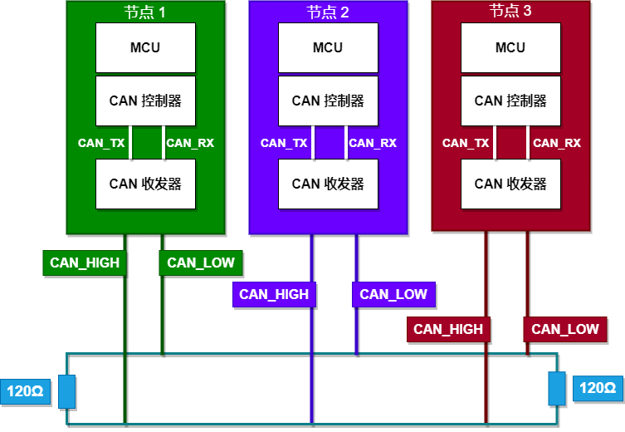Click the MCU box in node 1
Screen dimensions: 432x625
tap(145, 47)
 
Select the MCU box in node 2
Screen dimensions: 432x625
tap(328, 47)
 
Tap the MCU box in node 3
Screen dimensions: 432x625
tap(510, 47)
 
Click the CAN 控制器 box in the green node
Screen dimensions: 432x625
tap(145, 101)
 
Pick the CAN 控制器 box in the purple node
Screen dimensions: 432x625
tap(328, 101)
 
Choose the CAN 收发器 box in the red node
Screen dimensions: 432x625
tap(510, 184)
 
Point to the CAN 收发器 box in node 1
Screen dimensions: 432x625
tap(145, 184)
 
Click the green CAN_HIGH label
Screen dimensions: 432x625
tap(85, 263)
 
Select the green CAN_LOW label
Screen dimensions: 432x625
tap(201, 263)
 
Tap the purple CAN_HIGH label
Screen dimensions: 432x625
tap(274, 294)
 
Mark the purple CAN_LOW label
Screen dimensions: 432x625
tap(393, 294)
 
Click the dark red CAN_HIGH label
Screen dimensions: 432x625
tap(448, 329)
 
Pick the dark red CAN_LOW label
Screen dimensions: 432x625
tap(565, 329)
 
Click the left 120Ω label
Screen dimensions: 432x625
tap(25, 390)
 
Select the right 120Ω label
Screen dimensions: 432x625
tap(598, 388)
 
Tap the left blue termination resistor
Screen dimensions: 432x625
tap(67, 391)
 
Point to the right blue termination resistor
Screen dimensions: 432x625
tap(556, 388)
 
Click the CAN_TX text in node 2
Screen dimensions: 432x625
tap(284, 143)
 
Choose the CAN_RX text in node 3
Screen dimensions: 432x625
tap(557, 143)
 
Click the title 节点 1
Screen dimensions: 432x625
tap(145, 12)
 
